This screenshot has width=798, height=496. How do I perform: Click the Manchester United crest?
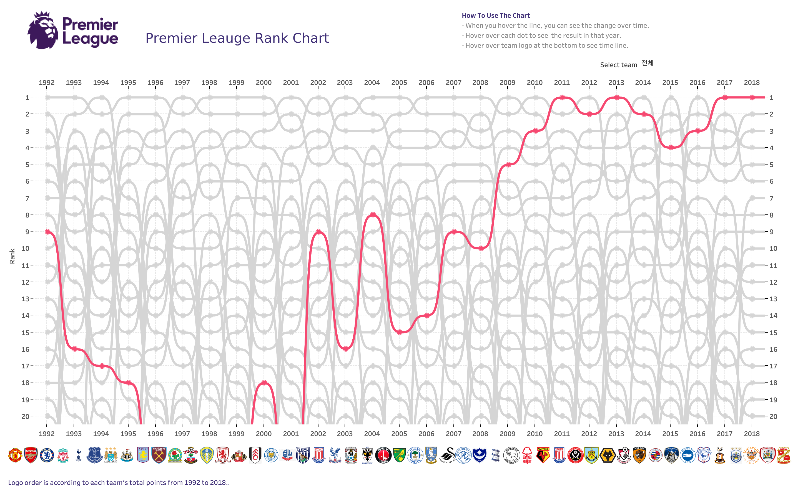click(15, 455)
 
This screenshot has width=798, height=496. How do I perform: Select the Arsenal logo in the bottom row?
click(31, 455)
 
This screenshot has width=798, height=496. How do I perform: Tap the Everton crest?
click(94, 455)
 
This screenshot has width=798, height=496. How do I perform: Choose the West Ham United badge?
click(159, 455)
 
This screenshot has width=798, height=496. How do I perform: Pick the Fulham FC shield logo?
click(255, 455)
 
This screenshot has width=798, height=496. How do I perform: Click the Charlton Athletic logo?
click(383, 455)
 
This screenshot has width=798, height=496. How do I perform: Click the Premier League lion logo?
click(43, 31)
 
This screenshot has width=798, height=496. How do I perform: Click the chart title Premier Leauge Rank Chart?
click(237, 38)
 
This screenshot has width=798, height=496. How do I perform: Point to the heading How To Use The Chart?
click(496, 16)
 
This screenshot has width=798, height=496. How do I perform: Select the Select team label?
click(618, 65)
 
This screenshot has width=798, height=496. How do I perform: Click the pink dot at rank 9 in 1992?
click(47, 232)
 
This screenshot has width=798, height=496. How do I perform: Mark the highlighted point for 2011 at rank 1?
click(562, 97)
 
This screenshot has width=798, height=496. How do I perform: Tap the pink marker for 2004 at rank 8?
click(373, 215)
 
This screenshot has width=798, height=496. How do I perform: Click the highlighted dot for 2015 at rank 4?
click(671, 148)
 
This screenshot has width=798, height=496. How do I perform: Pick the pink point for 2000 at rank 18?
click(264, 383)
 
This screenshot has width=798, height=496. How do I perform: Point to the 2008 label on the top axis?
click(480, 83)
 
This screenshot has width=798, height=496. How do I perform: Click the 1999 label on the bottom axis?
click(236, 434)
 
